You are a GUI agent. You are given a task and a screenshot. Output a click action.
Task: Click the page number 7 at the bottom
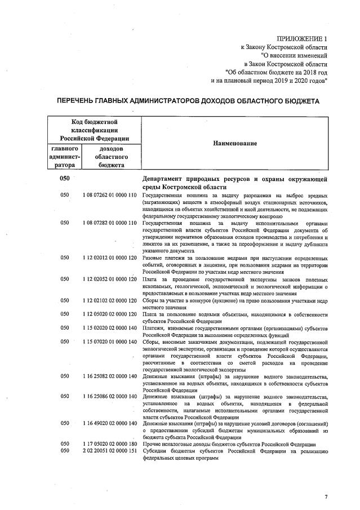pyautogui.click(x=325, y=496)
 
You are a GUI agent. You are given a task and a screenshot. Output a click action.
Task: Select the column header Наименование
pyautogui.click(x=234, y=143)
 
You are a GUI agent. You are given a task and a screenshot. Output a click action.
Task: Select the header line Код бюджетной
pyautogui.click(x=94, y=121)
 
